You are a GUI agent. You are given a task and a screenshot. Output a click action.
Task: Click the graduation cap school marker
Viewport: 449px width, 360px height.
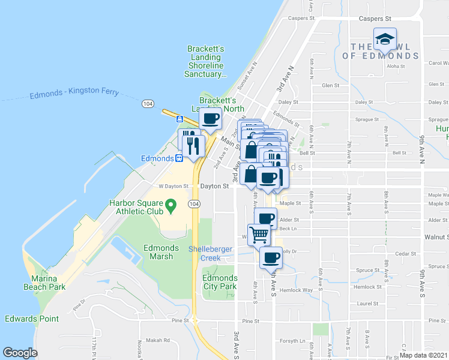[x=385, y=40]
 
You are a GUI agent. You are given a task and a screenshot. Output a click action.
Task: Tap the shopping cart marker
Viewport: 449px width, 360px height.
[x=259, y=233]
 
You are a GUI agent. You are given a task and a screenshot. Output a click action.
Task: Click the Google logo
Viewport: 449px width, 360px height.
[x=20, y=353]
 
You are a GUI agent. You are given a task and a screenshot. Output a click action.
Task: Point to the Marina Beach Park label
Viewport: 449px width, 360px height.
[x=45, y=283]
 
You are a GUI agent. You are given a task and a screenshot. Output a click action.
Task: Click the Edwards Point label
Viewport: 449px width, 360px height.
[x=32, y=319]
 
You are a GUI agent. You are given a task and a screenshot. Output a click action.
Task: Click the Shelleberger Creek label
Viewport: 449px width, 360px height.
[x=205, y=254]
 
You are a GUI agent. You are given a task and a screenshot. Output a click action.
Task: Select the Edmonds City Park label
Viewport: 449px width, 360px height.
[x=220, y=282]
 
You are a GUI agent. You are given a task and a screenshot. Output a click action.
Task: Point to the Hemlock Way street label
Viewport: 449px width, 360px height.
[x=300, y=290]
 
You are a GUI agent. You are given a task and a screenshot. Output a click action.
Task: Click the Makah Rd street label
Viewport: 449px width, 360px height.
[x=158, y=340]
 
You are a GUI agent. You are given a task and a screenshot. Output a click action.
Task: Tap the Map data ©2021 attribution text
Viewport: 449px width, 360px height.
[x=423, y=355]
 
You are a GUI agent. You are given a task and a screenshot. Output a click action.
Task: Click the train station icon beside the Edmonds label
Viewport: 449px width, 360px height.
[x=179, y=158]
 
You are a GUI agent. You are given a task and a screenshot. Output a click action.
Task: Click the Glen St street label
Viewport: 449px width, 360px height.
[x=331, y=86]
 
